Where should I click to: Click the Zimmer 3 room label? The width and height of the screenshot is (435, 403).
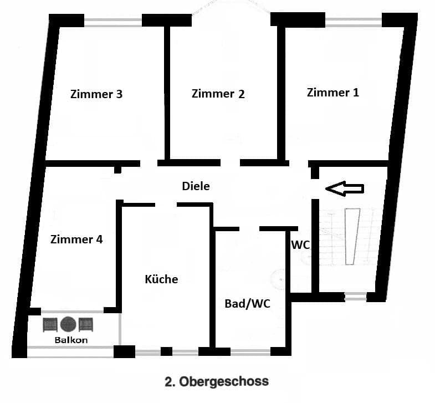[96, 94]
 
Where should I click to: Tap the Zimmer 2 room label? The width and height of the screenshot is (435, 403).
[218, 94]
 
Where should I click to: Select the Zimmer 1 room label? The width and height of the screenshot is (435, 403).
[332, 93]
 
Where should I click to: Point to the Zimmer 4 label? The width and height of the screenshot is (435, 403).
[76, 239]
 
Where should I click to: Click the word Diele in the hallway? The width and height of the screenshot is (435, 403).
[196, 186]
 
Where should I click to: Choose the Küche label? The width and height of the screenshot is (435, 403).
[161, 279]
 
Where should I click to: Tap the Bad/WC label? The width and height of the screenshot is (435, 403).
[247, 304]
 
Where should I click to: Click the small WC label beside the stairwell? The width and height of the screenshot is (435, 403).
[300, 244]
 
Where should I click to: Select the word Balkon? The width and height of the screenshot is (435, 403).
[70, 340]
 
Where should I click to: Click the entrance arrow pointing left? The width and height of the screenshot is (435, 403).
[344, 189]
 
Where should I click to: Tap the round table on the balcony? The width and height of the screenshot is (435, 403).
[68, 324]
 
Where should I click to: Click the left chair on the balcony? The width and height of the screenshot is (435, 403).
[51, 324]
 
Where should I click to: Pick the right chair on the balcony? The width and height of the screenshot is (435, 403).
[86, 324]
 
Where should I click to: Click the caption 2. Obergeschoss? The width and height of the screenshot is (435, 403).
[217, 381]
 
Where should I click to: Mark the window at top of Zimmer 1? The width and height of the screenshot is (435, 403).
[354, 21]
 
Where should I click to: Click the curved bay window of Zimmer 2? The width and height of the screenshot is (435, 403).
[231, 8]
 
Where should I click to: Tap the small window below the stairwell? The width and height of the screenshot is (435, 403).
[355, 297]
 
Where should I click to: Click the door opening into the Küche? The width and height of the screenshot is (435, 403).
[166, 205]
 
